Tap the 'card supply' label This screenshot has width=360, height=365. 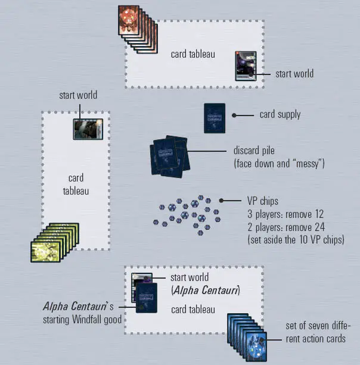(280, 114)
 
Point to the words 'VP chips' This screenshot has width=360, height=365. (263, 201)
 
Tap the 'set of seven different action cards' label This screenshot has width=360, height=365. (318, 333)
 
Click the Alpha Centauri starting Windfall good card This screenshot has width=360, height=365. (146, 297)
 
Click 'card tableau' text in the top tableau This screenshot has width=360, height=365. (193, 54)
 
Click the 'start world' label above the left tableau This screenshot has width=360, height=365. (77, 95)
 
